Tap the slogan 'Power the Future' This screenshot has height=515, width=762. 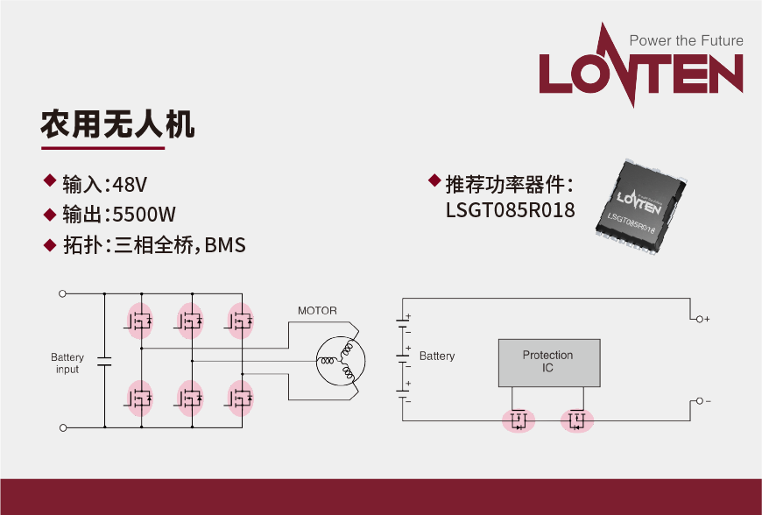click(686, 40)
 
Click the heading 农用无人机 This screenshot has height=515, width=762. click(117, 124)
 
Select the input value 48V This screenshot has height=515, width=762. click(131, 184)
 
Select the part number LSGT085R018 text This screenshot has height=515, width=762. click(510, 210)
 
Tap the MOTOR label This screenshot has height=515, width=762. click(317, 311)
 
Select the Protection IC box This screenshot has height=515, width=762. click(547, 362)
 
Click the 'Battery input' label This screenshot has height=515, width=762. click(67, 363)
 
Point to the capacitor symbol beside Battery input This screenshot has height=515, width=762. click(104, 361)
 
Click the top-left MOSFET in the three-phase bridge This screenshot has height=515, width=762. click(139, 321)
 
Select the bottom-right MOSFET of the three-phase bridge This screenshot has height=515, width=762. click(239, 399)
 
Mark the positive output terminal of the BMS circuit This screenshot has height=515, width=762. click(698, 319)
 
